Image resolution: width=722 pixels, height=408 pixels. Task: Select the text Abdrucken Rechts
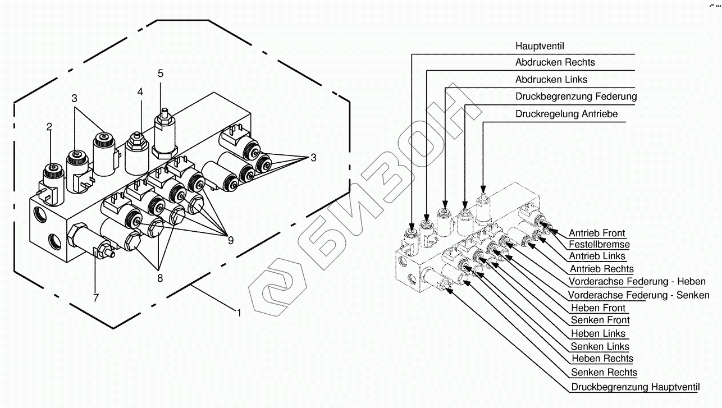tap(555, 62)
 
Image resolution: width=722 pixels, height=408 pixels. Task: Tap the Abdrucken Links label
tap(551, 80)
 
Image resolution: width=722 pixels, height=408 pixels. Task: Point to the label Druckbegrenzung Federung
tap(576, 97)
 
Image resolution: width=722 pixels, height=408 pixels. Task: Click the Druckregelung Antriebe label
tap(566, 114)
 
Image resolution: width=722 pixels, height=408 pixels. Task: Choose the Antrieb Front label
tap(596, 233)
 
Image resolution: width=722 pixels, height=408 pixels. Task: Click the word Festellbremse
tap(599, 245)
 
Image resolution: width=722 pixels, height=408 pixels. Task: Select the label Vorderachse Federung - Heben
tap(637, 282)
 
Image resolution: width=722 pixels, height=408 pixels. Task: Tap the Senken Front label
tap(600, 320)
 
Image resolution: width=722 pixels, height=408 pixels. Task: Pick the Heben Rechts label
tap(602, 359)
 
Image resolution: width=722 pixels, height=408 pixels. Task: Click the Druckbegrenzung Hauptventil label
tap(636, 387)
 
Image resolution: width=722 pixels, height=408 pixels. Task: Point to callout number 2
tap(49, 127)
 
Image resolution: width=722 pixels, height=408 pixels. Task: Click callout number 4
tap(140, 91)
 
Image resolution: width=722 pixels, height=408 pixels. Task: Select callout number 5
tap(161, 74)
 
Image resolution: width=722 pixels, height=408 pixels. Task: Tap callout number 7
tap(95, 297)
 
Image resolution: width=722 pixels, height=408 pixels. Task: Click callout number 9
tap(230, 241)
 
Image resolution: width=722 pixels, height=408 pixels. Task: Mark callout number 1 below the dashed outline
tap(239, 313)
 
